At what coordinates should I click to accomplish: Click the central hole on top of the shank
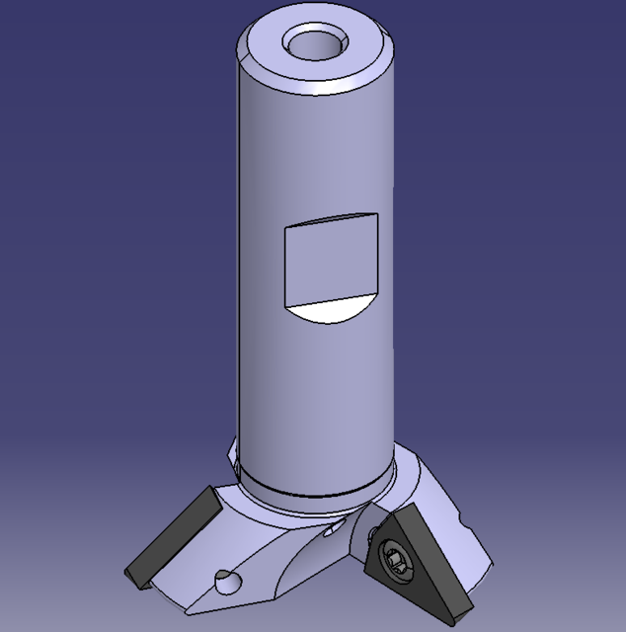pyautogui.click(x=316, y=44)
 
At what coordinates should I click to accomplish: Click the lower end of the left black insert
pyautogui.click(x=134, y=574)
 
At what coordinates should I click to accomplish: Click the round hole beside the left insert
pyautogui.click(x=226, y=582)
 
